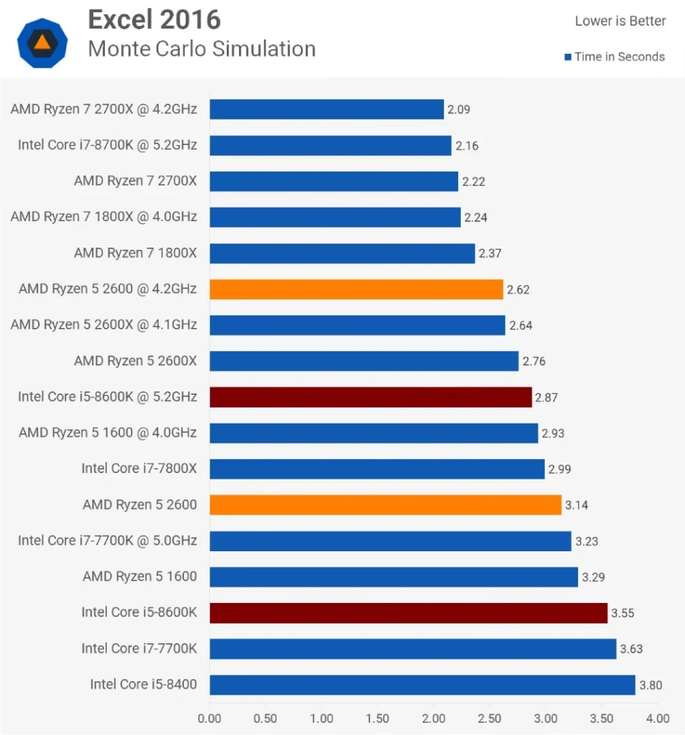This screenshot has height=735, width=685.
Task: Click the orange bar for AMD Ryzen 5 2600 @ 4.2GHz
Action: click(356, 289)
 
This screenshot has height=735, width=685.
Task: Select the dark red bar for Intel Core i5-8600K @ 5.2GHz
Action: click(371, 397)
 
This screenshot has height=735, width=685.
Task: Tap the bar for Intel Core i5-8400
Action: click(422, 685)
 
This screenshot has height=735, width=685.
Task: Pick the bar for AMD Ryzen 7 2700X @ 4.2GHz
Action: click(327, 109)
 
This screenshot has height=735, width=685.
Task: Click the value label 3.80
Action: click(651, 685)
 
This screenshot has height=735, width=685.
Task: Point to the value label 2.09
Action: click(459, 110)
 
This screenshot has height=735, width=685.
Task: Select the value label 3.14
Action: click(577, 505)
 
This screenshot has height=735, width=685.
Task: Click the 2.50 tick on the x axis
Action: click(490, 718)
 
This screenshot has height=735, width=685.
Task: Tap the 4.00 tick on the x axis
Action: click(657, 718)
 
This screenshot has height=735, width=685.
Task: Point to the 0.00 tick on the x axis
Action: click(210, 718)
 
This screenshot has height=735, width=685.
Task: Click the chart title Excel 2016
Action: click(154, 20)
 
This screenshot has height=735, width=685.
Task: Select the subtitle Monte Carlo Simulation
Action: click(202, 49)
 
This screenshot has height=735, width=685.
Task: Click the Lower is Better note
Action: click(620, 22)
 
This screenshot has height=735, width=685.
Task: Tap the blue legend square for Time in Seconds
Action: click(567, 57)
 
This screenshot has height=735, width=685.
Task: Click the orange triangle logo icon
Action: click(42, 42)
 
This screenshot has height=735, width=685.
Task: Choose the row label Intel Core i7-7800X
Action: click(139, 469)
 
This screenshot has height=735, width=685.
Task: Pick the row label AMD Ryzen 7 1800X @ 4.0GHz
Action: click(103, 217)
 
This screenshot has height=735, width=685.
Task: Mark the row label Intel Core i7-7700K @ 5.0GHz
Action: click(108, 540)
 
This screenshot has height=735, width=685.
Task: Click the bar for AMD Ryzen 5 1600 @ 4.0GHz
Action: click(373, 433)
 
